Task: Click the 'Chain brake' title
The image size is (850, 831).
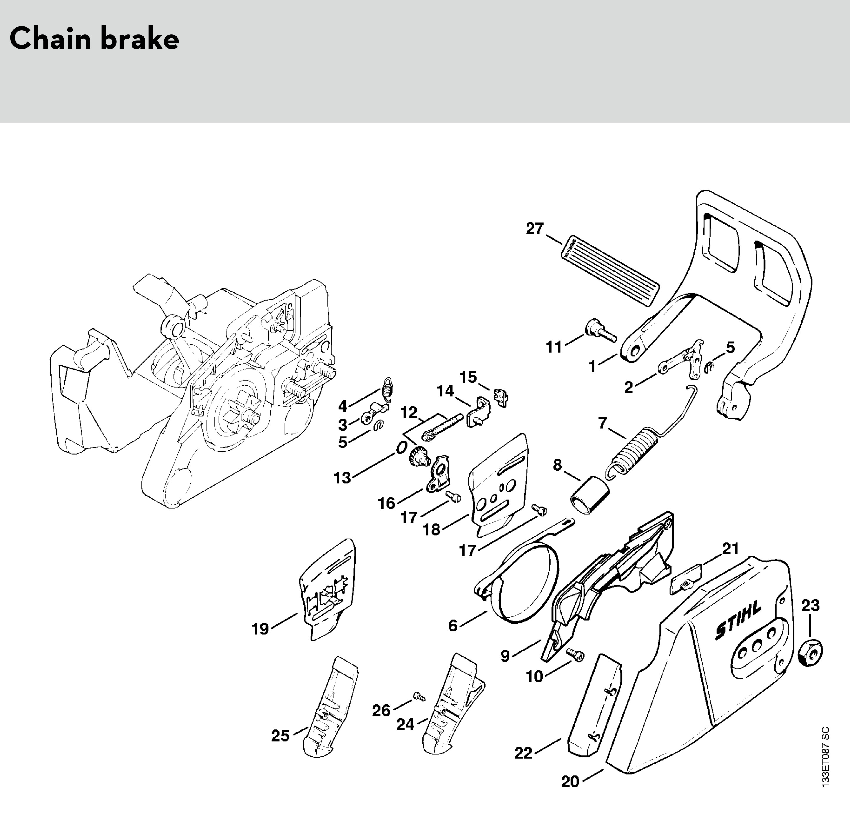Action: pyautogui.click(x=94, y=39)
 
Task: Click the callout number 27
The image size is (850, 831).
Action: pyautogui.click(x=534, y=229)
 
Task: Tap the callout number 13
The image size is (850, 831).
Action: pyautogui.click(x=342, y=478)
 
